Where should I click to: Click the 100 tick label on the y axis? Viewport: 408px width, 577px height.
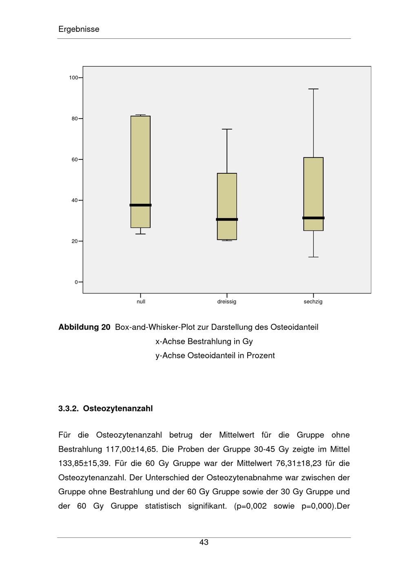[x=73, y=77]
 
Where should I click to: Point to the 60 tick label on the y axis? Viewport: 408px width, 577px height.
[x=75, y=159]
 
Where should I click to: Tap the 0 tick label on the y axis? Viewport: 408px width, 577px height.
[x=76, y=282]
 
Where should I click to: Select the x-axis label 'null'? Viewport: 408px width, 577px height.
[x=141, y=302]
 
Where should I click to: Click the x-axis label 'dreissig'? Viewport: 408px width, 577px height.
[x=227, y=302]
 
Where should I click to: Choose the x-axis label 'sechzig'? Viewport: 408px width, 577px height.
[x=313, y=302]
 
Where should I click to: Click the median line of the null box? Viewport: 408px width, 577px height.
[x=140, y=205]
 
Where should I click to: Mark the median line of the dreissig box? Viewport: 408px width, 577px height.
[x=227, y=219]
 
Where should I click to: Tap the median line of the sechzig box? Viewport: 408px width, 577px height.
[x=313, y=218]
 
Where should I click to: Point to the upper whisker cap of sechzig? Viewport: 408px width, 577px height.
[x=313, y=89]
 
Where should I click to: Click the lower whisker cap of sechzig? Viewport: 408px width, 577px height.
[x=313, y=257]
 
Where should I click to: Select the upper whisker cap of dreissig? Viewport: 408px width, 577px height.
[x=227, y=129]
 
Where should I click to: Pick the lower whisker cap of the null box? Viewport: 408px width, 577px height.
[x=140, y=234]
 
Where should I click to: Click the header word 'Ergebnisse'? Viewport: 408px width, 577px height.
[x=79, y=29]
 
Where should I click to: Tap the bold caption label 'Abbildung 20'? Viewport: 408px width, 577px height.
[x=84, y=327]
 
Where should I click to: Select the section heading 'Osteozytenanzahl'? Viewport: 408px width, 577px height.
[x=118, y=409]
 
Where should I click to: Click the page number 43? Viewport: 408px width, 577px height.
[x=204, y=542]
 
